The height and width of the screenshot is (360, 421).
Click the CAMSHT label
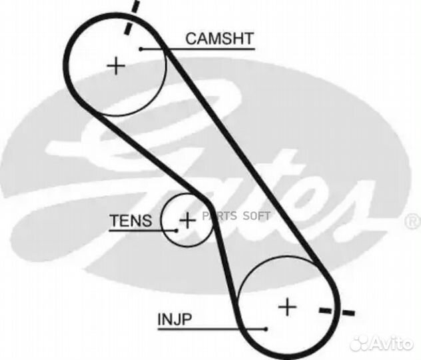[x=219, y=39]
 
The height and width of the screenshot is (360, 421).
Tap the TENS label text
[x=131, y=221]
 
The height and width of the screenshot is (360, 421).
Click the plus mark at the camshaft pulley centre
[x=117, y=65]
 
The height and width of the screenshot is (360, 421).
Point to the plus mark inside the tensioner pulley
[x=189, y=220]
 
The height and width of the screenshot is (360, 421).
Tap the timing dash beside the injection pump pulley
[x=337, y=311]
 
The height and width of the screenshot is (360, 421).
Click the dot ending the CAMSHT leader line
[x=142, y=49]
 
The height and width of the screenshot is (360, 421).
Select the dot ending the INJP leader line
[x=266, y=329]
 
